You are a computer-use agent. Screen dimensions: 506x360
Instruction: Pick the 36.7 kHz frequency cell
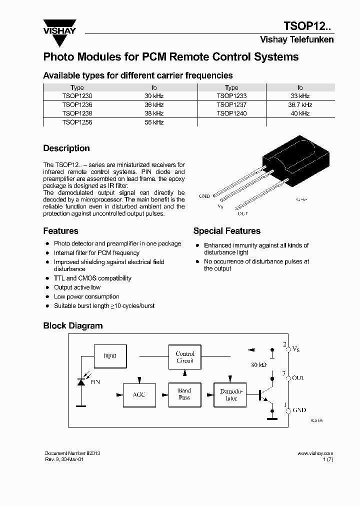click(x=300, y=105)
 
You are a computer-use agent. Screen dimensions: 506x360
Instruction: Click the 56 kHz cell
click(x=154, y=122)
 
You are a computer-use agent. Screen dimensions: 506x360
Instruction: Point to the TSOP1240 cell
click(x=231, y=113)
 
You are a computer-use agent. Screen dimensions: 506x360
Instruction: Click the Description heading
click(x=66, y=148)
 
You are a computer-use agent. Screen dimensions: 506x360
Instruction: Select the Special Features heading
click(x=226, y=231)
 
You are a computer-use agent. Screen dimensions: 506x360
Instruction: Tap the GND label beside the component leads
click(x=204, y=196)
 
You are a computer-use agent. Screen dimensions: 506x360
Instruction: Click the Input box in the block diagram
click(x=109, y=356)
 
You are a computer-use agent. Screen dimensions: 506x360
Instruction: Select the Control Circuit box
click(x=185, y=357)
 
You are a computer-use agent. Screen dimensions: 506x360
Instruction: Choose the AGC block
click(x=139, y=394)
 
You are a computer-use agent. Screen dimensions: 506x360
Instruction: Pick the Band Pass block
click(x=184, y=394)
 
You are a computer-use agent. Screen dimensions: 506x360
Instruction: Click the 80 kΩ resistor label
click(x=258, y=365)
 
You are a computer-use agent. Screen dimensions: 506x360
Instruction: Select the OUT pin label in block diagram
click(x=298, y=378)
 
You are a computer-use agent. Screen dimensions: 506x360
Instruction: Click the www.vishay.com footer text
click(x=315, y=453)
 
